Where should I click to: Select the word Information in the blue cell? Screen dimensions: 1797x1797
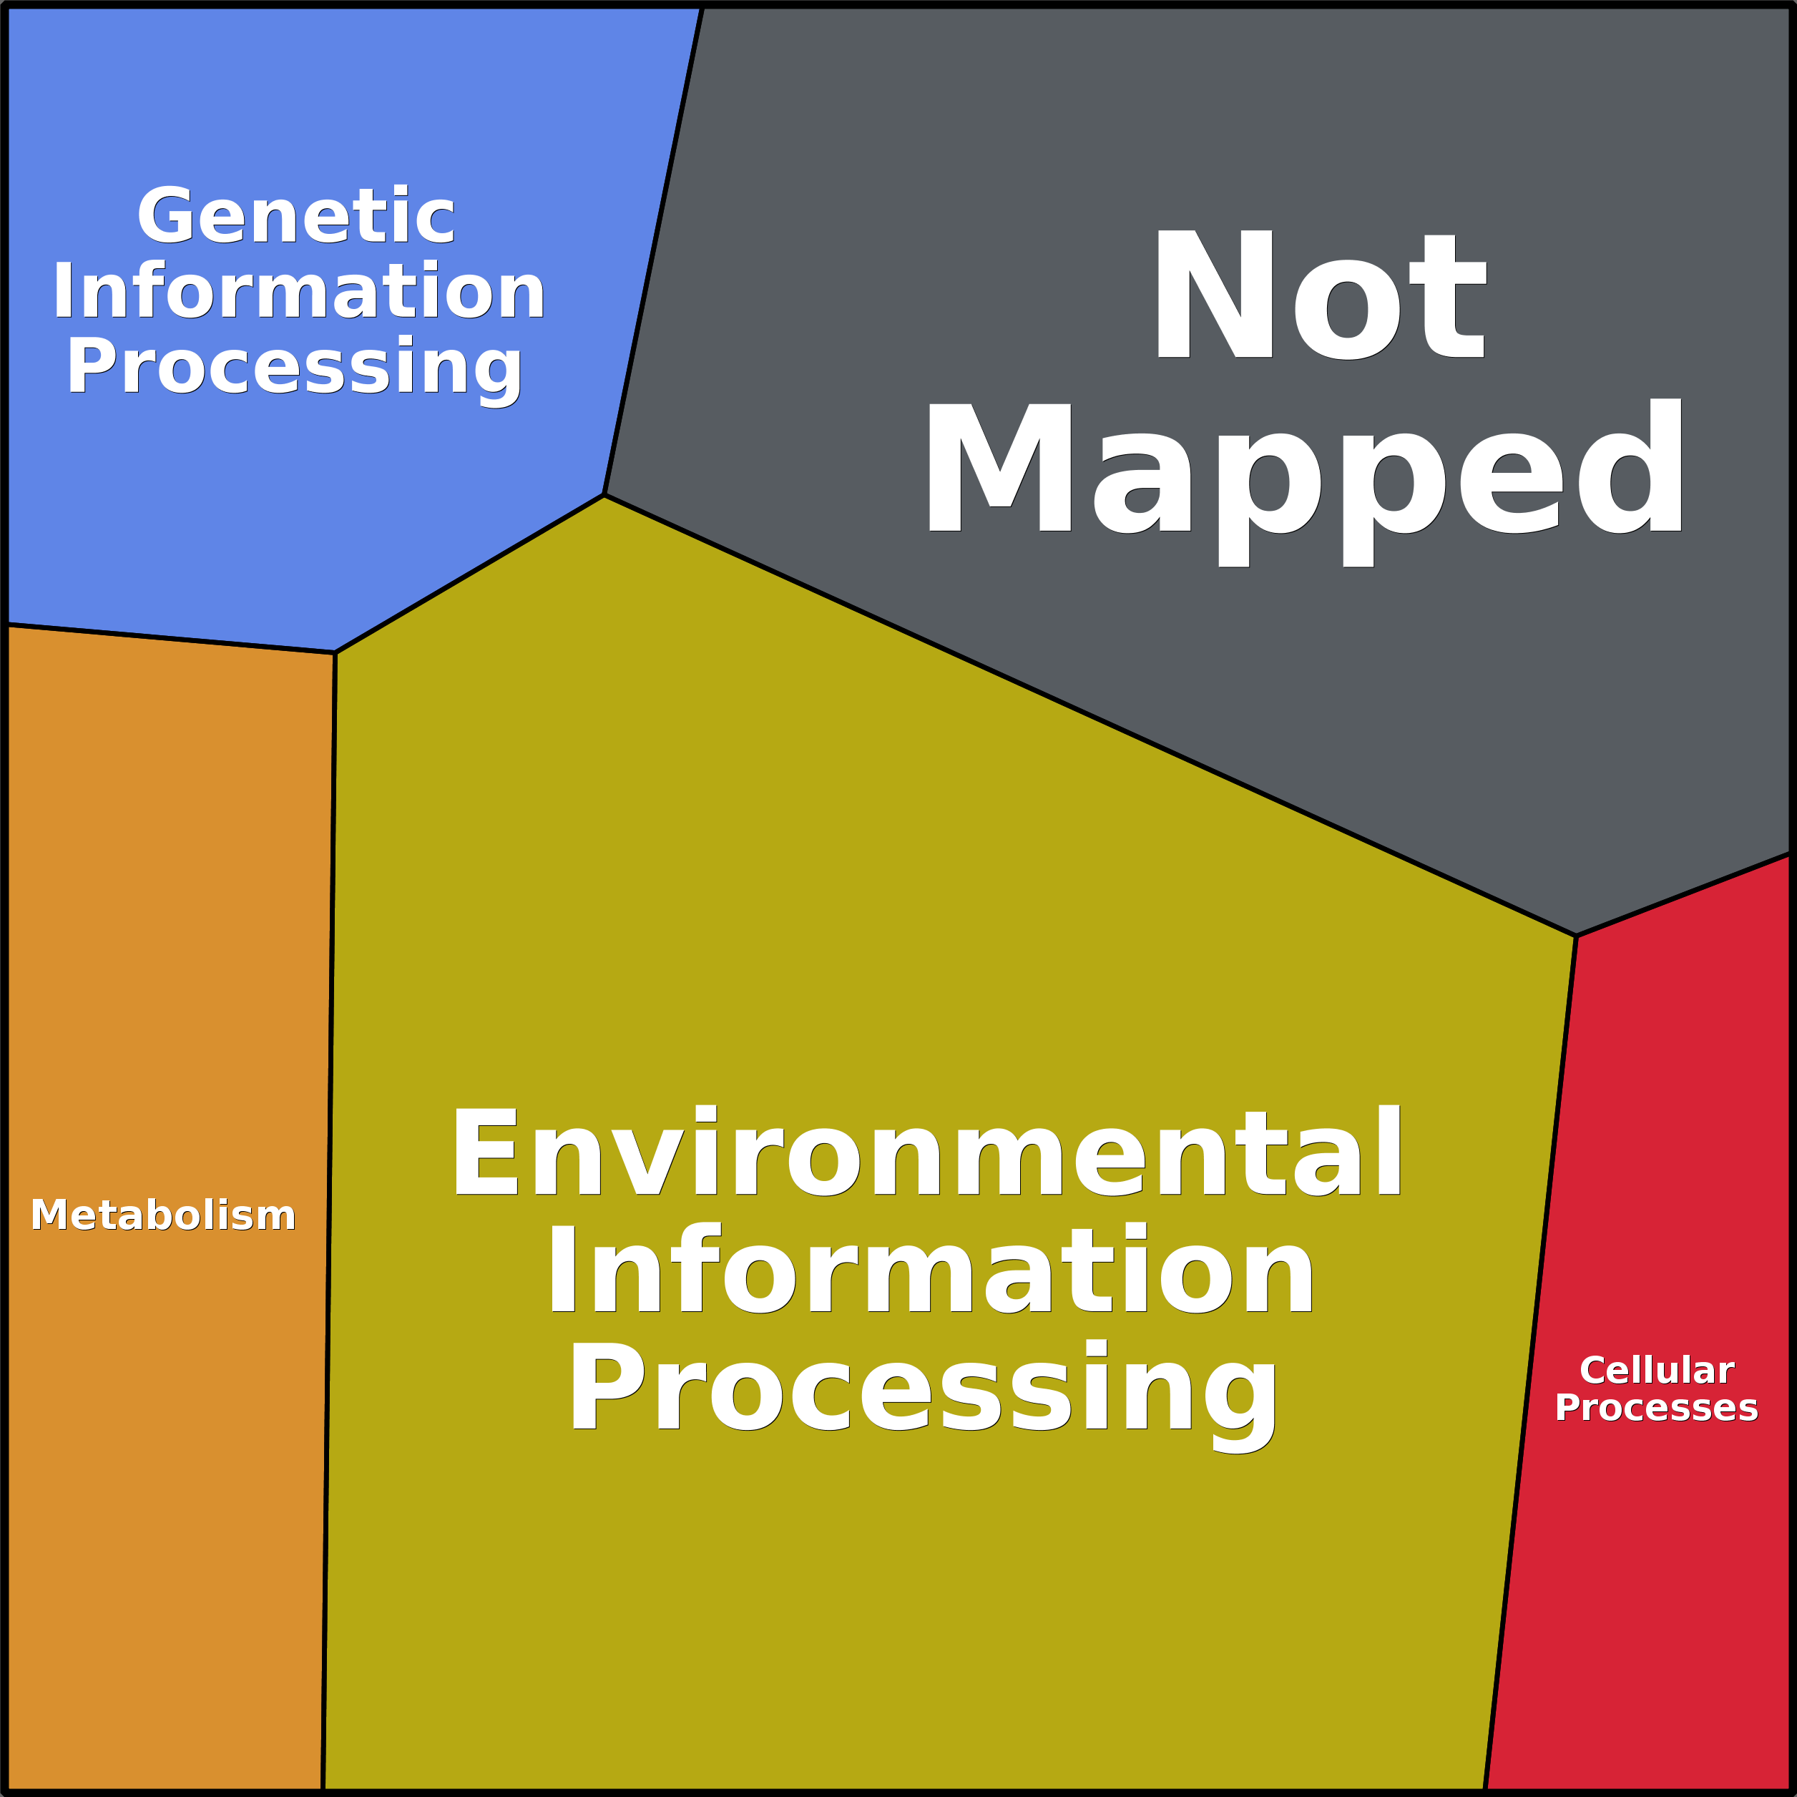298,291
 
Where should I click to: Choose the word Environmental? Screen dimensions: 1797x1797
926,1153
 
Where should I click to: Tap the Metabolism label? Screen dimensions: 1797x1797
164,1215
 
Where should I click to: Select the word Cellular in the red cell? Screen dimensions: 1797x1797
1657,1370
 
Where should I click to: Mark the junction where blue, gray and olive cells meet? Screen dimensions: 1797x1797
604,495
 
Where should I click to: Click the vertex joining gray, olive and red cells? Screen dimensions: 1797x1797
1577,935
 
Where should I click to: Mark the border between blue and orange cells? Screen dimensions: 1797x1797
170,638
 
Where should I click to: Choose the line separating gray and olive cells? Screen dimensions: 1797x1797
1090,715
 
